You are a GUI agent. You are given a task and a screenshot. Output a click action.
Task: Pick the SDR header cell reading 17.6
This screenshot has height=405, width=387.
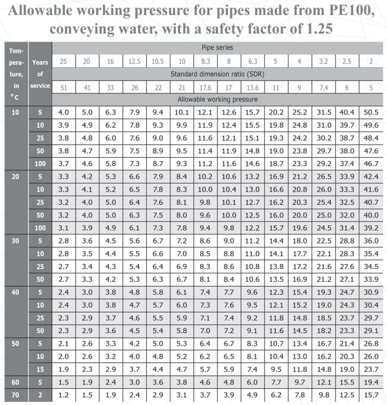pyautogui.click(x=205, y=87)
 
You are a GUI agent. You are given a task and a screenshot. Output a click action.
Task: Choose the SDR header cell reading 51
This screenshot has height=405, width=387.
pyautogui.click(x=63, y=87)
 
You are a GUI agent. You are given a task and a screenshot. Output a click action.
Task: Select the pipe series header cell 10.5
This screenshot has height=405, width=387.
pyautogui.click(x=158, y=61)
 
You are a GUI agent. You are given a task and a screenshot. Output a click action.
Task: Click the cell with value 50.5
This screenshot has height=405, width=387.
pyautogui.click(x=371, y=113)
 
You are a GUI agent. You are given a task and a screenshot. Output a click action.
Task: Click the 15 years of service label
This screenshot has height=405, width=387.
pyautogui.click(x=40, y=369)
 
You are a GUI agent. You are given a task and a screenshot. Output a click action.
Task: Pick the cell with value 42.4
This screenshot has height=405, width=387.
pyautogui.click(x=371, y=177)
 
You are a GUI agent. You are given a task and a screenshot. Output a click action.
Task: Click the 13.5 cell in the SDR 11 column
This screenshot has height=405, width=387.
pyautogui.click(x=276, y=279)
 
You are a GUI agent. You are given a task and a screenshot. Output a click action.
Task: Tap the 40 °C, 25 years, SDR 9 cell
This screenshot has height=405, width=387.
pyautogui.click(x=299, y=318)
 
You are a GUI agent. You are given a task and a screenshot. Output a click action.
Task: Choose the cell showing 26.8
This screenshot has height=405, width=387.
pyautogui.click(x=371, y=343)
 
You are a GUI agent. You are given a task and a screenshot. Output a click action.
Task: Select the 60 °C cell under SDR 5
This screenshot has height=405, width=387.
pyautogui.click(x=371, y=382)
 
